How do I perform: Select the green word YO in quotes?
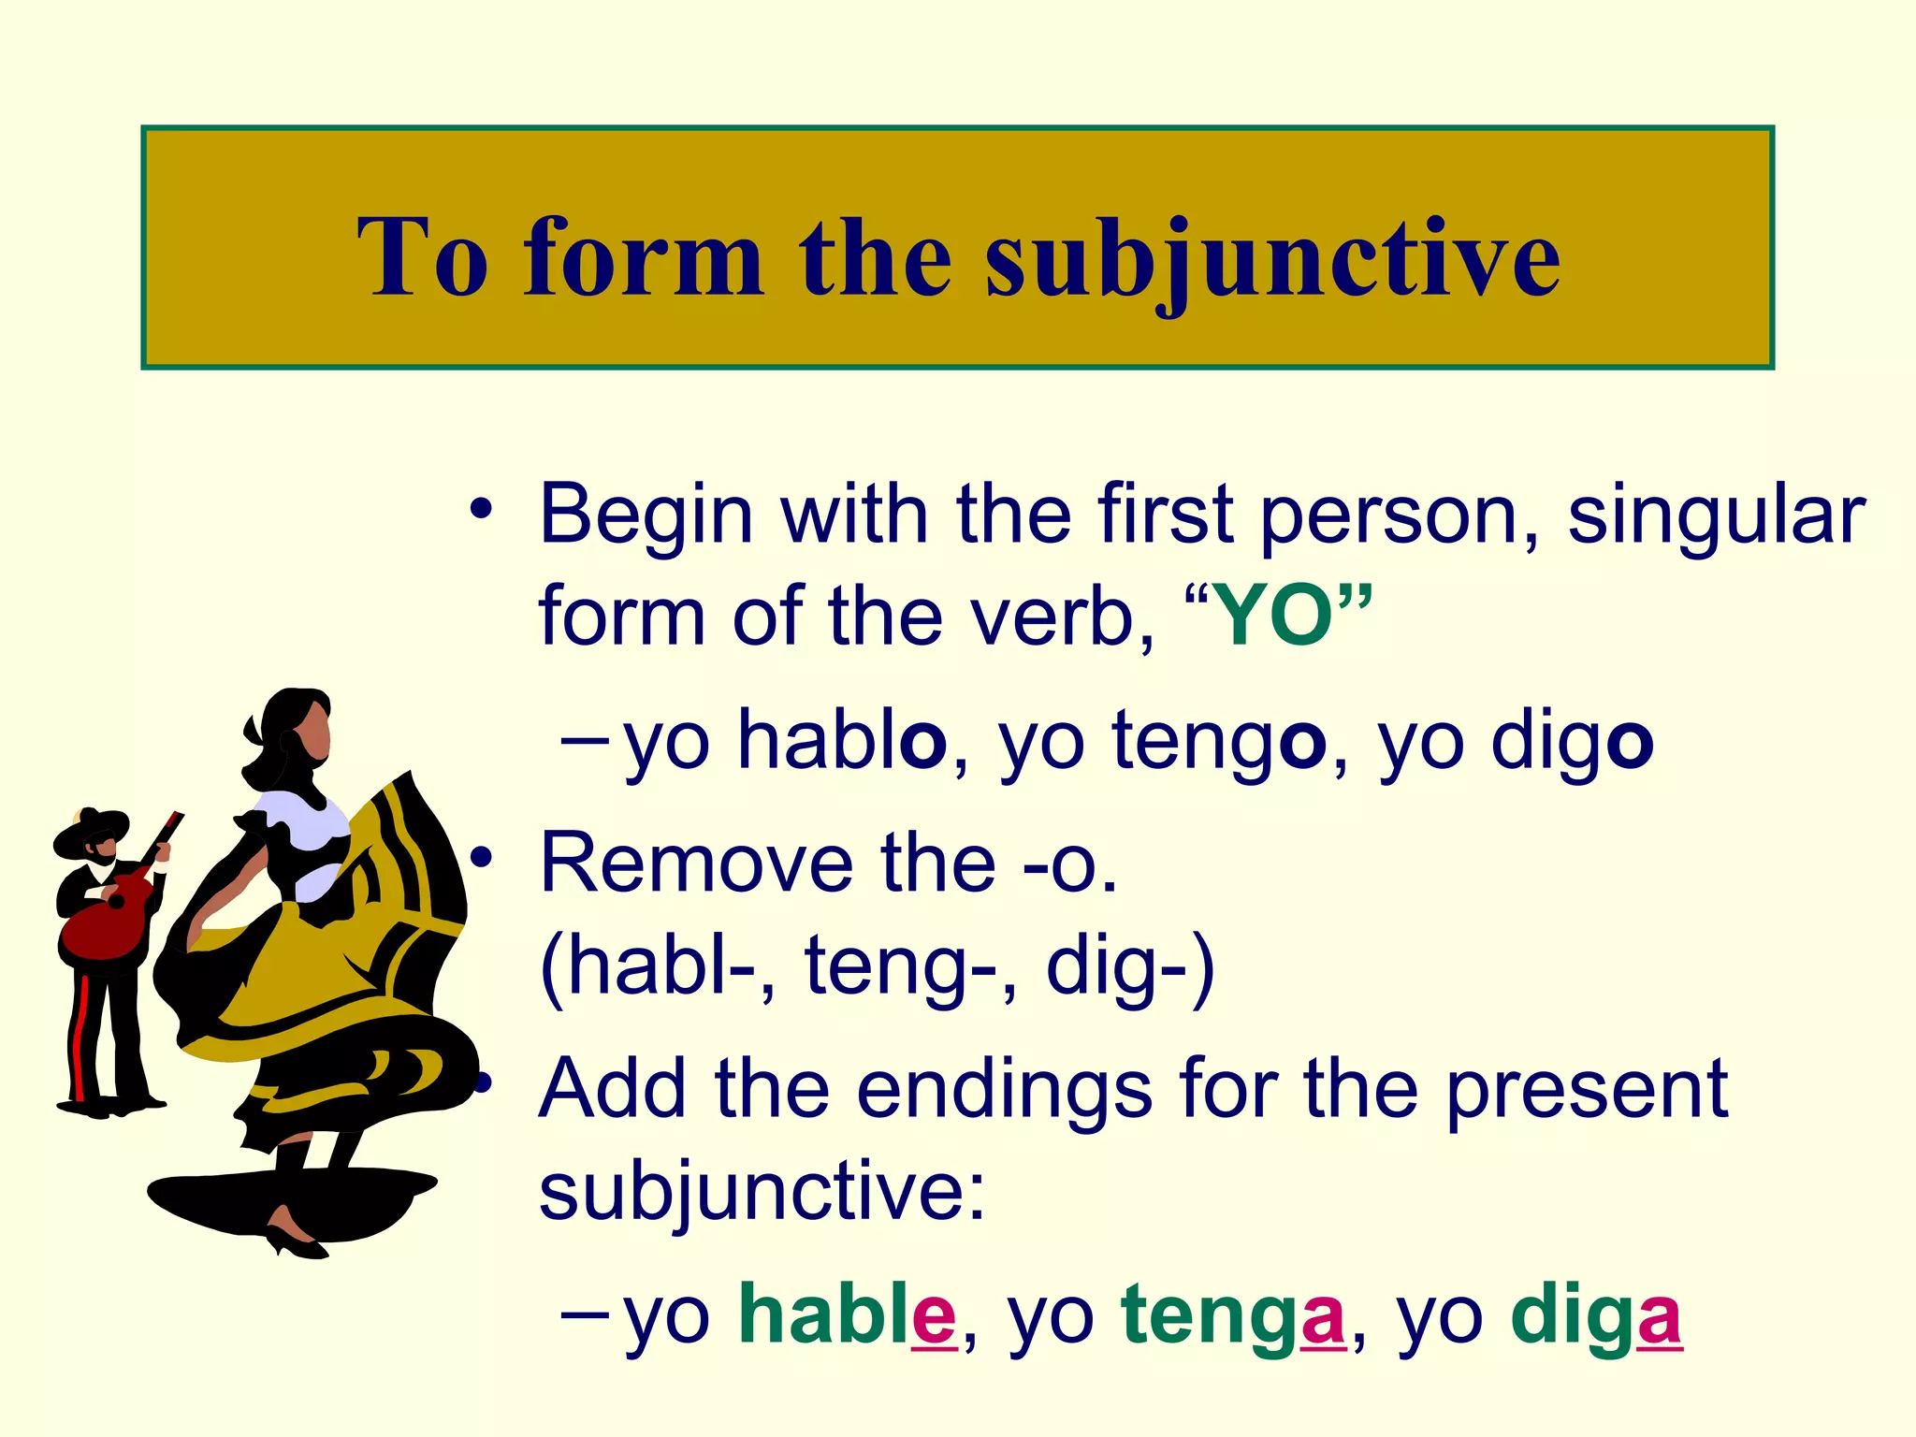coord(1275,616)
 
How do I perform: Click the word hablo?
coord(842,741)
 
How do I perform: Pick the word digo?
coord(1572,741)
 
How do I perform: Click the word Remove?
coord(697,863)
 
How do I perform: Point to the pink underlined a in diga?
coord(1659,1318)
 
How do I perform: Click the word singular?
coord(1717,515)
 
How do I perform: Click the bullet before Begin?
coord(481,511)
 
